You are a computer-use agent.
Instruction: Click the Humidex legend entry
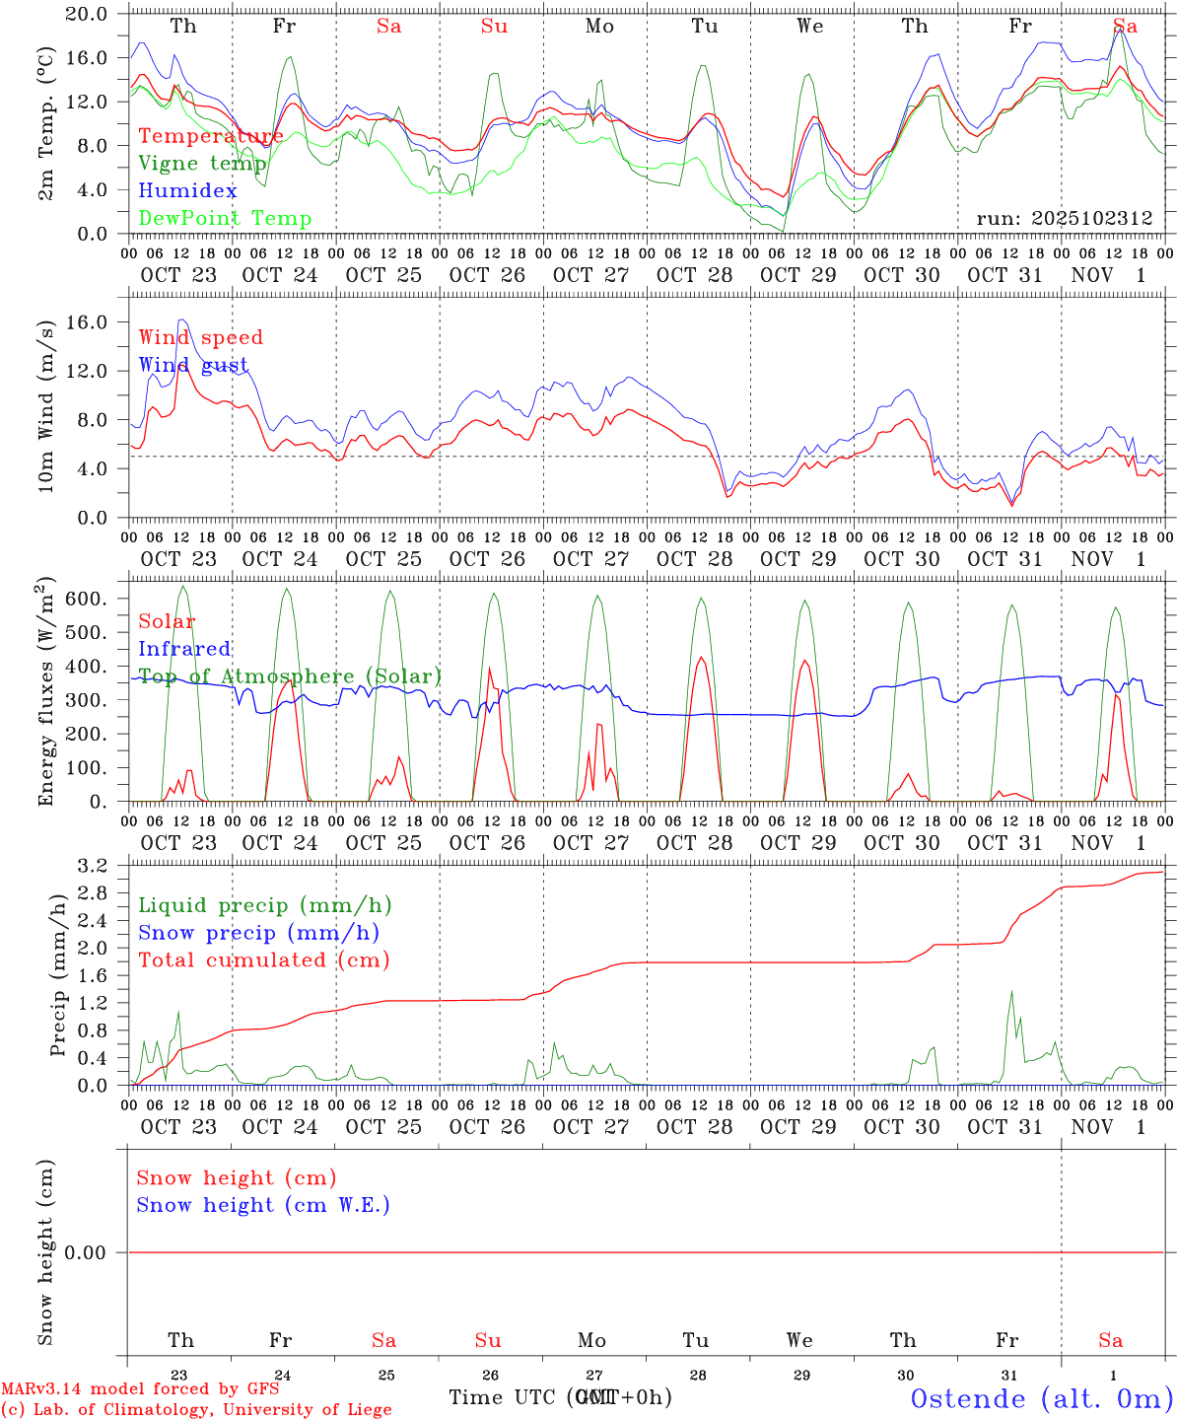[x=187, y=190]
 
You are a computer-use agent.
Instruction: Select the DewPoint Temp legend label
[x=225, y=218]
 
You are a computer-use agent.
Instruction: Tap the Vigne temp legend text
[x=202, y=163]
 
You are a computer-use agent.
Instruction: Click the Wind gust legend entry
[x=193, y=365]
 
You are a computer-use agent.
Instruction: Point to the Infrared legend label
[x=184, y=648]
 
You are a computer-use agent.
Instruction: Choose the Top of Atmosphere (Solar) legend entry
[x=289, y=675]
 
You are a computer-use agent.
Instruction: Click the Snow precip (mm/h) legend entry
[x=258, y=932]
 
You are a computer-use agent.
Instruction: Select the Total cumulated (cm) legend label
[x=263, y=959]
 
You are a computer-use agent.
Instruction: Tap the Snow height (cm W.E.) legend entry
[x=263, y=1204]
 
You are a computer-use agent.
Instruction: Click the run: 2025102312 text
[x=1064, y=218]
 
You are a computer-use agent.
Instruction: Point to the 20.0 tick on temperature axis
[x=88, y=14]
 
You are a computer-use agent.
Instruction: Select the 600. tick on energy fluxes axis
[x=88, y=599]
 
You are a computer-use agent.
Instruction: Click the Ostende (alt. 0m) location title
[x=1042, y=1397]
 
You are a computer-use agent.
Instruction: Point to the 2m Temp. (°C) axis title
[x=45, y=122]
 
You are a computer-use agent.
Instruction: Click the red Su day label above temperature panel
[x=494, y=27]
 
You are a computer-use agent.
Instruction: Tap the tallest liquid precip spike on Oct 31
[x=1011, y=992]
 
